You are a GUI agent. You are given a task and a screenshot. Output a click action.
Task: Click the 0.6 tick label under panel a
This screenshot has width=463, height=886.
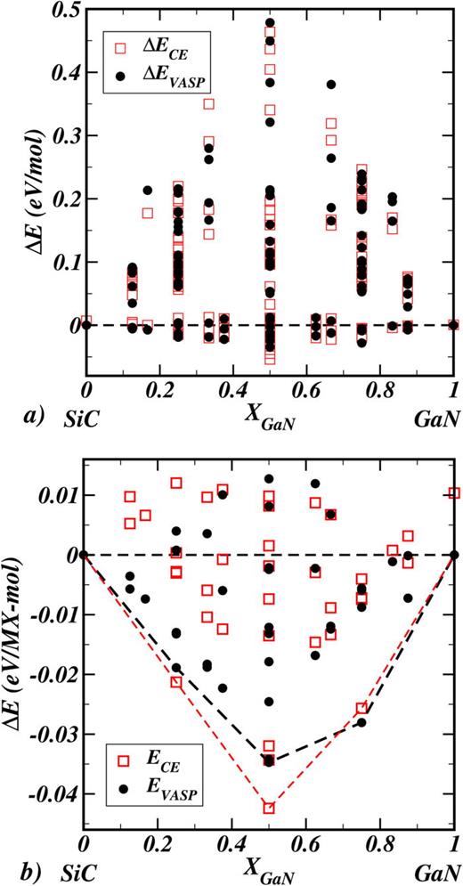pyautogui.click(x=306, y=390)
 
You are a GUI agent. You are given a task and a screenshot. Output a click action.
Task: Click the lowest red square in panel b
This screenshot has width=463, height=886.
pyautogui.click(x=269, y=808)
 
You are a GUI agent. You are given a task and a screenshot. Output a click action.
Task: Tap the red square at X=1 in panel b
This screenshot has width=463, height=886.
pyautogui.click(x=454, y=493)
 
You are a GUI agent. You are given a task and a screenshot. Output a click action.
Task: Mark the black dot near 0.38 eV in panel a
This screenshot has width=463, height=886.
pyautogui.click(x=330, y=85)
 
